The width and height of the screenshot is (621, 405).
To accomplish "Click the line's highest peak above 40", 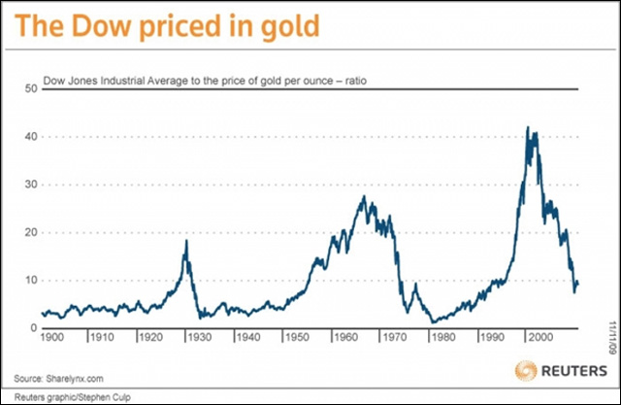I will click(527, 127).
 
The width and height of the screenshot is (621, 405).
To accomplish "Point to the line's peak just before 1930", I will click(185, 240).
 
